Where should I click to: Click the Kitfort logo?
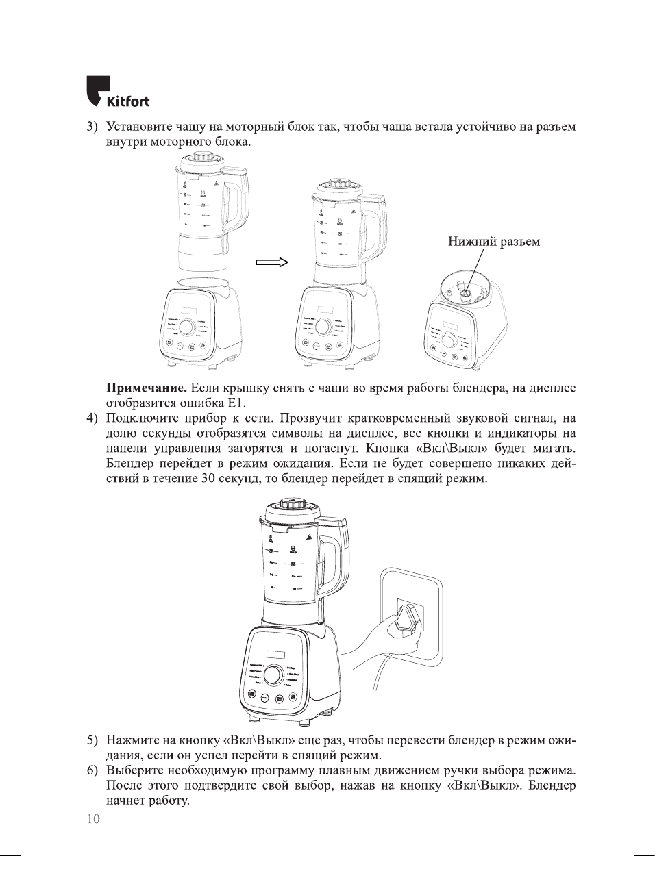117,92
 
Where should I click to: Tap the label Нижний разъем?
493,241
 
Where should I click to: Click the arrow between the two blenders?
272,262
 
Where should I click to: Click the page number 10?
93,819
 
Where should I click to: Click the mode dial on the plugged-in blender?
273,675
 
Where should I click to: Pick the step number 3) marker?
92,127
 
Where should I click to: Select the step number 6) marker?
92,770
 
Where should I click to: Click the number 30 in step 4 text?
208,479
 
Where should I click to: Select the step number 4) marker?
92,418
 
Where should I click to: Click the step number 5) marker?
92,740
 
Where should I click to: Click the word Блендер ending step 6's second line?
552,785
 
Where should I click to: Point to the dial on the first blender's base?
186,327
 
